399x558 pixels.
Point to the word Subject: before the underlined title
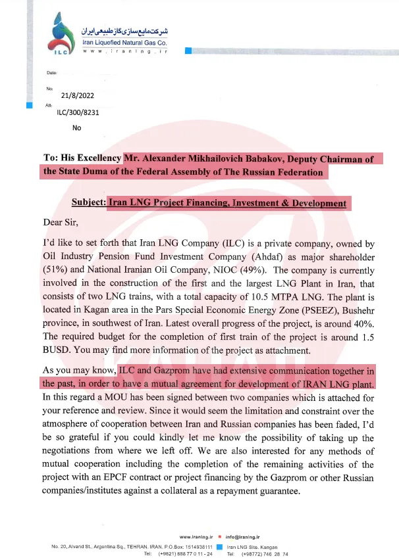tap(88, 203)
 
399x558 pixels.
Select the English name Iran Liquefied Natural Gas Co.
tap(124, 42)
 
